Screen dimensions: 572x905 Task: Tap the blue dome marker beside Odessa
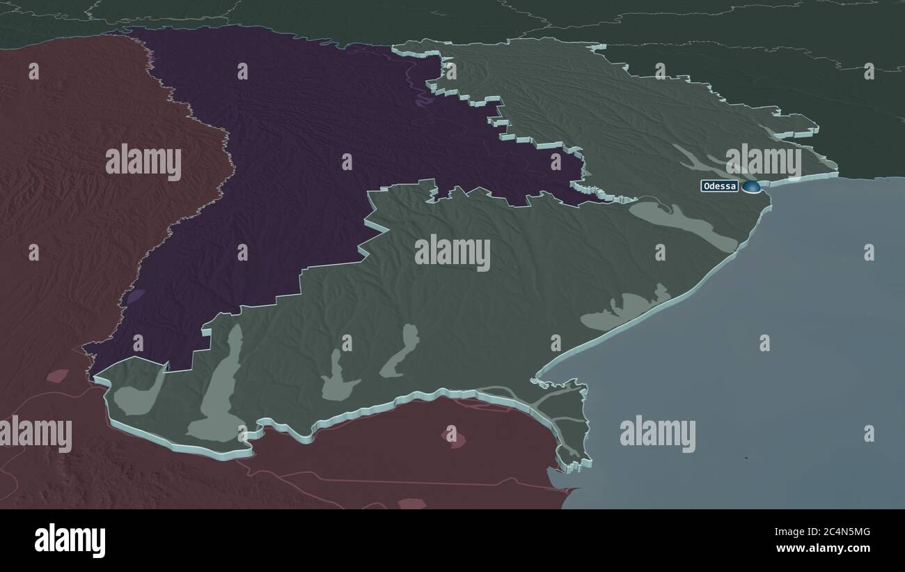(x=750, y=186)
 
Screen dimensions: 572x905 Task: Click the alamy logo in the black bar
(x=70, y=541)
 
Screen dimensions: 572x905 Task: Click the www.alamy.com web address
(x=823, y=548)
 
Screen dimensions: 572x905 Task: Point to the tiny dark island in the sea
(x=745, y=458)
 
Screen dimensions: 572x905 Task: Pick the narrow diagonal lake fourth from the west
(x=400, y=352)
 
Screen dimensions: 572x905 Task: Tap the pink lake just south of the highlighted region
(x=452, y=437)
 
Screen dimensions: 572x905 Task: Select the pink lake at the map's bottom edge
(x=412, y=503)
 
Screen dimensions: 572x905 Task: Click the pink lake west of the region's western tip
(x=57, y=376)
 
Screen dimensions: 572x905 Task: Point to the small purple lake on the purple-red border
(x=134, y=297)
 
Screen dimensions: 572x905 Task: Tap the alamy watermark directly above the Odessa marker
(x=763, y=161)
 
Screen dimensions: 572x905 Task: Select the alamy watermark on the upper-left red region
(x=143, y=162)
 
